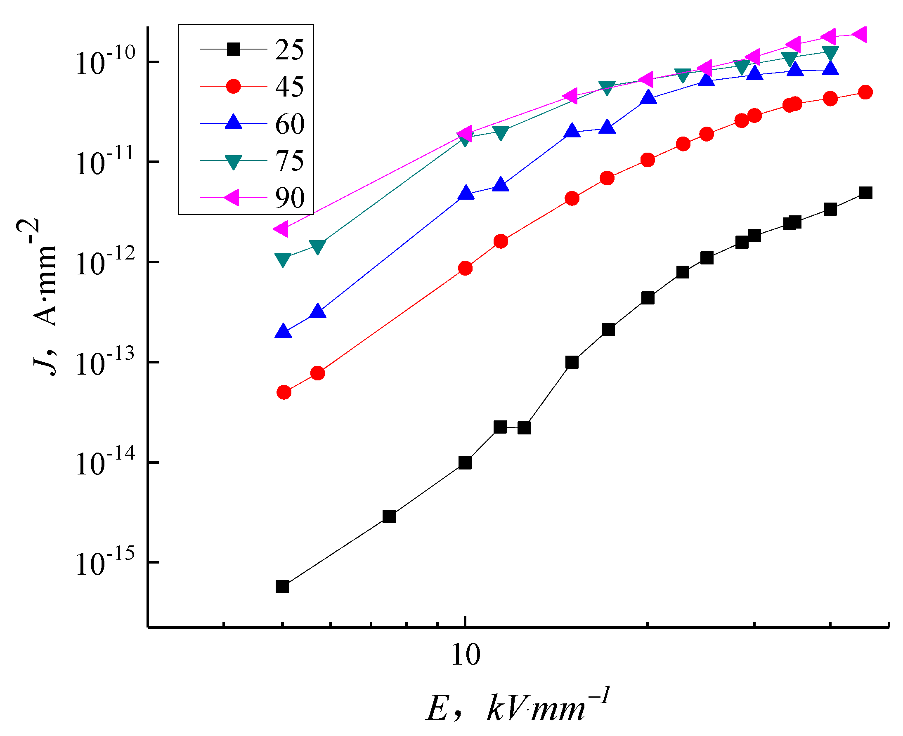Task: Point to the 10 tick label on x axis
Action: point(466,655)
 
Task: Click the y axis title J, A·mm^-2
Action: point(43,297)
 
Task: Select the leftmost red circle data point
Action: point(284,393)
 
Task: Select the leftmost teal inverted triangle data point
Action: point(282,259)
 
